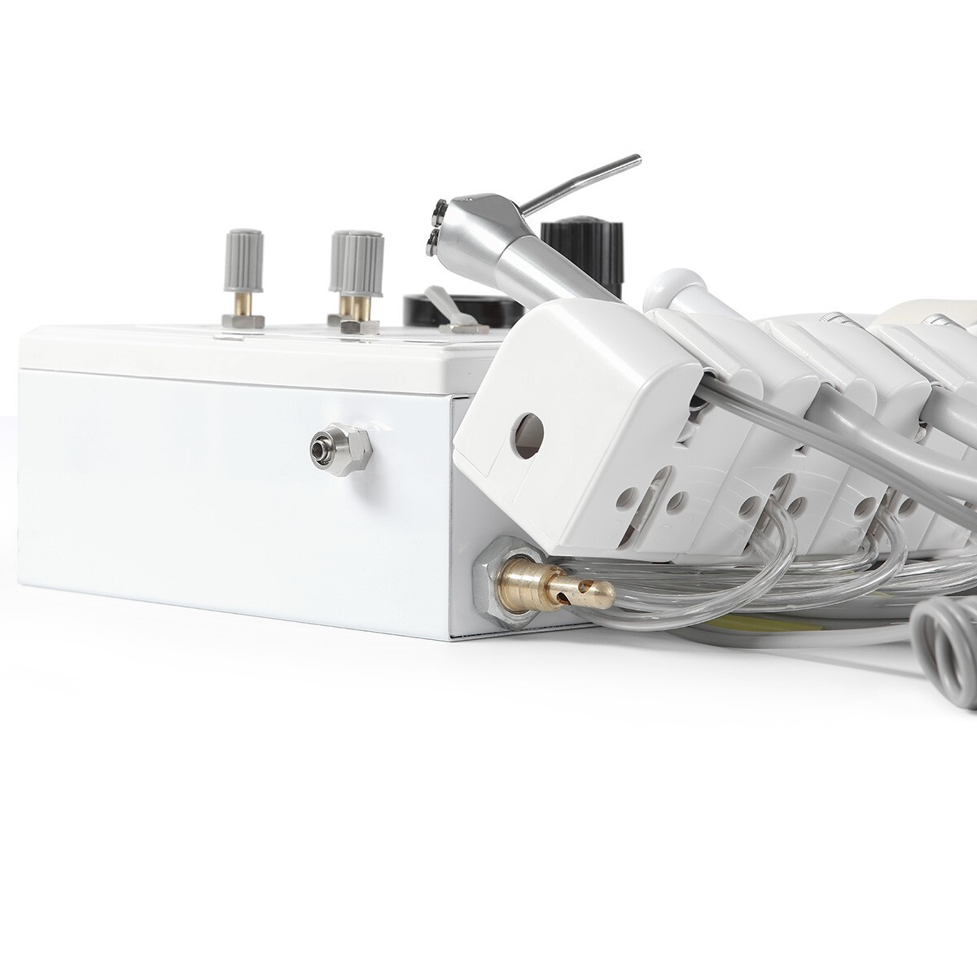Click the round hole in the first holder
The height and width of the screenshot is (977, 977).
tap(528, 430)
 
